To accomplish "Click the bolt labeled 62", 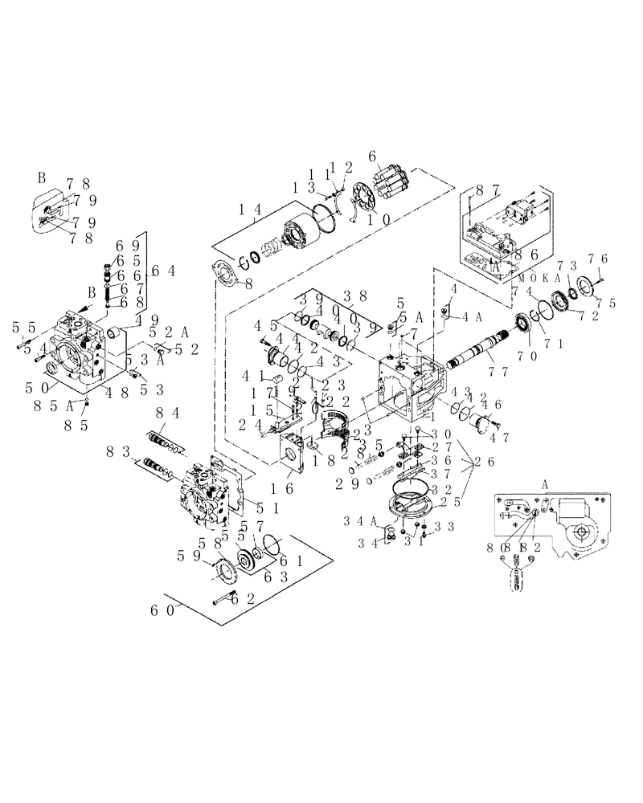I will (221, 597).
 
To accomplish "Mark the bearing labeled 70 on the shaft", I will (530, 325).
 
